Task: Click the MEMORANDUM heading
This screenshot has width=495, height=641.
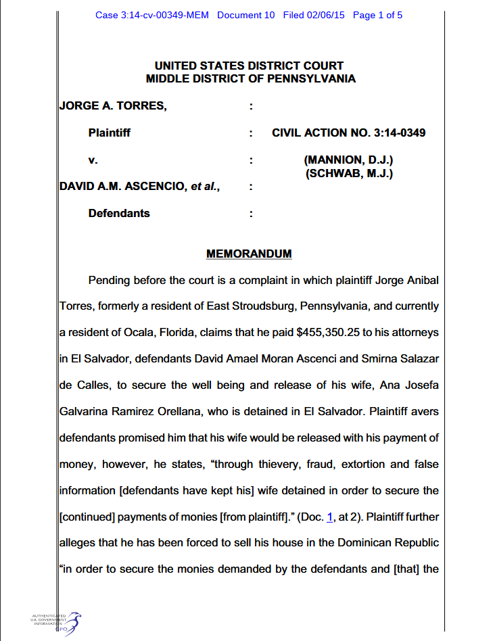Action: pyautogui.click(x=249, y=254)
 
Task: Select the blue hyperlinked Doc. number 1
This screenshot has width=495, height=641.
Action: pyautogui.click(x=330, y=517)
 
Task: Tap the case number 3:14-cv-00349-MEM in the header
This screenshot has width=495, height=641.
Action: pyautogui.click(x=153, y=15)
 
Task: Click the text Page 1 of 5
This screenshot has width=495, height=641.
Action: pyautogui.click(x=377, y=15)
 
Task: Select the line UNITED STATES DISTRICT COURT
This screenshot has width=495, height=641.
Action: pyautogui.click(x=249, y=66)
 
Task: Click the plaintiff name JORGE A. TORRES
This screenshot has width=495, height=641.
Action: pyautogui.click(x=113, y=105)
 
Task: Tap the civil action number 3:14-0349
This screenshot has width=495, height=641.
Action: pyautogui.click(x=399, y=133)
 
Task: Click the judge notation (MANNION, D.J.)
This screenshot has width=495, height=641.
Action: pyautogui.click(x=349, y=160)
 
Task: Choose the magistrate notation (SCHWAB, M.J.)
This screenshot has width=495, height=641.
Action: pyautogui.click(x=349, y=173)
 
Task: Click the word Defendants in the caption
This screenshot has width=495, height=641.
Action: pyautogui.click(x=119, y=213)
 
